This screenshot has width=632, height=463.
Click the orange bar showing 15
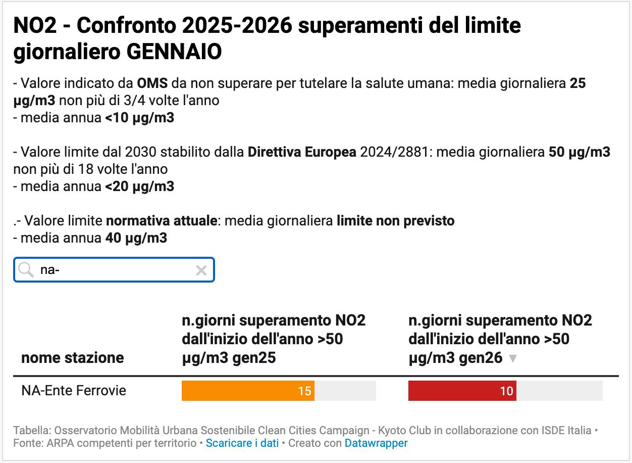tap(248, 391)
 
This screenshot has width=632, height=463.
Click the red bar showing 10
tap(462, 391)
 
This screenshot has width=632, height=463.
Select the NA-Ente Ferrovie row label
tap(74, 391)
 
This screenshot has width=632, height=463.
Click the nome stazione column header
tap(72, 358)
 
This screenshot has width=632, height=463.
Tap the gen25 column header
tap(274, 339)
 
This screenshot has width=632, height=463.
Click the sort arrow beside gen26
tap(513, 358)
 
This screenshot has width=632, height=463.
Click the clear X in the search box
tap(201, 270)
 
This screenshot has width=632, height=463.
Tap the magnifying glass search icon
tap(25, 270)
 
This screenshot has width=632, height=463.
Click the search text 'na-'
tap(50, 270)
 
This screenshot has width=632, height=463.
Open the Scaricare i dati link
tap(242, 443)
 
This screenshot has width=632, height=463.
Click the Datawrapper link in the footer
tap(376, 443)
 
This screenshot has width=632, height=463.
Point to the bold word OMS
tap(152, 83)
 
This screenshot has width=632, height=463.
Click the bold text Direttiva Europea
tap(302, 152)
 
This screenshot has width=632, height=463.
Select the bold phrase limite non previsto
tap(396, 221)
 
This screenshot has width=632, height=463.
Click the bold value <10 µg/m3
tap(140, 118)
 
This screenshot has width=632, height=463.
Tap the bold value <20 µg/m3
tap(140, 187)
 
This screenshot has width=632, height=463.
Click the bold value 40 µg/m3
tap(136, 238)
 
